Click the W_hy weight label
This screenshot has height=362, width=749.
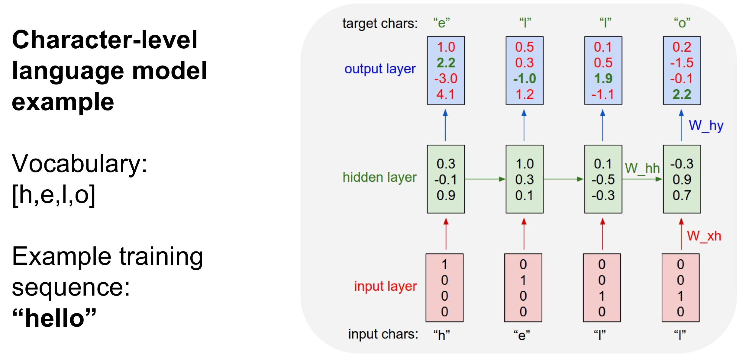tap(706, 126)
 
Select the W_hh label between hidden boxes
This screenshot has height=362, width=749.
tap(642, 168)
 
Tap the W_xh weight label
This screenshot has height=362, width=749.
tap(704, 236)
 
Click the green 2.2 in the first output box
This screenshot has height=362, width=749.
tap(446, 63)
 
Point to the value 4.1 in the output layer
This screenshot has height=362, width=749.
tap(445, 95)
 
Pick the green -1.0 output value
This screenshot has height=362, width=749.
tap(525, 79)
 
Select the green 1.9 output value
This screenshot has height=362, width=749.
tap(603, 79)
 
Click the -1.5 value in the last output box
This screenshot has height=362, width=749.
tap(682, 63)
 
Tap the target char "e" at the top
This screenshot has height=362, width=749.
tap(442, 23)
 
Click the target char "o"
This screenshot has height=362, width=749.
tap(682, 23)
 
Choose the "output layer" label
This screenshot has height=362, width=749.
tap(380, 69)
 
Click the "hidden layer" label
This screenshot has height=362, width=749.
tap(379, 178)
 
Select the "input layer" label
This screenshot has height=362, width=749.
tap(386, 286)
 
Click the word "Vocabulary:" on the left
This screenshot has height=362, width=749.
tap(79, 164)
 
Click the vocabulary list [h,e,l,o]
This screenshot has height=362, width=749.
tap(53, 195)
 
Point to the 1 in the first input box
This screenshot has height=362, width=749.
tap(444, 264)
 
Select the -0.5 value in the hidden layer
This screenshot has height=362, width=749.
tap(603, 180)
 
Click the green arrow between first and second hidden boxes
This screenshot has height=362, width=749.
tap(485, 179)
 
